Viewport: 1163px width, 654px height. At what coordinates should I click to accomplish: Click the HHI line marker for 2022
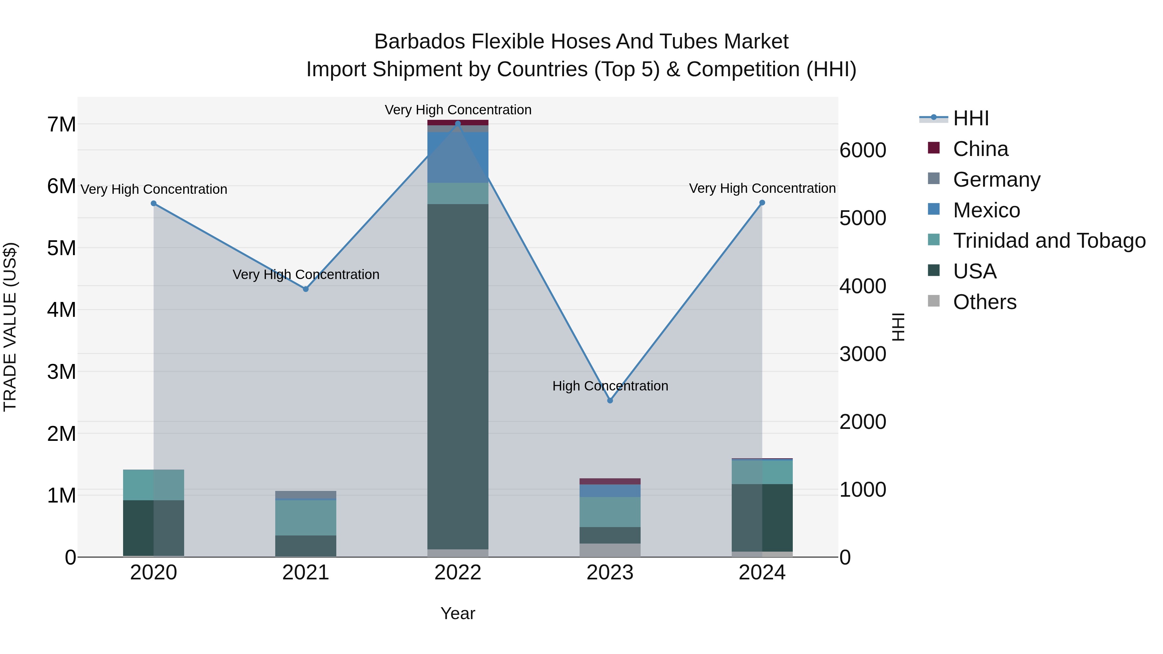458,124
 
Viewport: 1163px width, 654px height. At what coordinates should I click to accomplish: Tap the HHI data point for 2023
610,400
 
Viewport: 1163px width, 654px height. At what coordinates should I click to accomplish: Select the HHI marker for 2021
306,289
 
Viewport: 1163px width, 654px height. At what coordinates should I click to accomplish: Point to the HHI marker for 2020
153,203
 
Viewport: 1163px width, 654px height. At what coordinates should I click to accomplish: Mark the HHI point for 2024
762,202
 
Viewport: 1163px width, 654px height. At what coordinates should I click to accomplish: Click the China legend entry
980,149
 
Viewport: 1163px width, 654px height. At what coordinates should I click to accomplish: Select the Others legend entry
984,302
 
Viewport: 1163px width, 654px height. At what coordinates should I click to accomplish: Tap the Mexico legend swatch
934,209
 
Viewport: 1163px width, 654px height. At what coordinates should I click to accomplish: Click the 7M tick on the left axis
61,125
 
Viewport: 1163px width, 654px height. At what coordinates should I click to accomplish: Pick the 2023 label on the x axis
610,573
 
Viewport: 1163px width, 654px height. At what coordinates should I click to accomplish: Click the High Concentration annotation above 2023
610,386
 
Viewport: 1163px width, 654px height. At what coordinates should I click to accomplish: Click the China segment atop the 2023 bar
610,481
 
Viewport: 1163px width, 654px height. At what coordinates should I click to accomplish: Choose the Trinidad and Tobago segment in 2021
306,518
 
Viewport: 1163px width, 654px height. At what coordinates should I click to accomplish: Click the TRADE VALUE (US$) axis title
10,327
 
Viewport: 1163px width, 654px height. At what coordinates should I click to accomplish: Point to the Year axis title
458,613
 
